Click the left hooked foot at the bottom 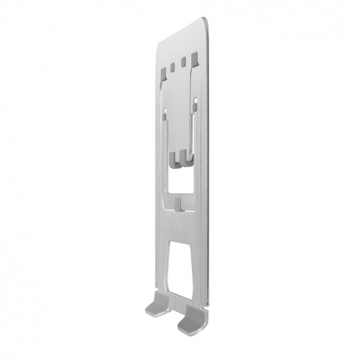[157, 305]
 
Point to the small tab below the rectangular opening [180, 206]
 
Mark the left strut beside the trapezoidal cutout [162, 267]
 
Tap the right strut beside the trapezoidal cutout [197, 267]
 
